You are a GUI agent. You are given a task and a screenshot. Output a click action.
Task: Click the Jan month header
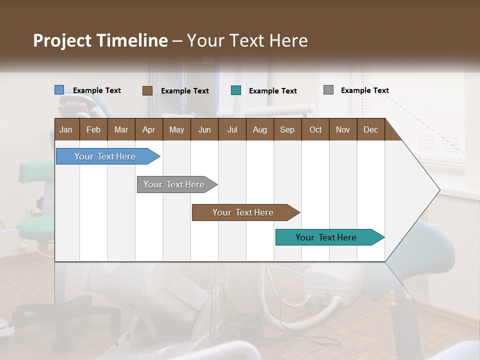click(66, 129)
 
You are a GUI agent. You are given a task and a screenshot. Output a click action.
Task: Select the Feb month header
click(93, 129)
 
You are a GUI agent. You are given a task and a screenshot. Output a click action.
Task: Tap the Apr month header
click(148, 129)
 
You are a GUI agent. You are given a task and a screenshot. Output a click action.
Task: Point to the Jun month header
click(204, 129)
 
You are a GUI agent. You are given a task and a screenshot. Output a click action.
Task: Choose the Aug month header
click(259, 129)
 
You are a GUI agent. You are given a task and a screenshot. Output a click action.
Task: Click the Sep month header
click(287, 129)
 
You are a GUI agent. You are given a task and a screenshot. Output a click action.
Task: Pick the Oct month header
click(315, 129)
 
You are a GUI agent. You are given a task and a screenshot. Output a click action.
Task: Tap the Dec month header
click(370, 129)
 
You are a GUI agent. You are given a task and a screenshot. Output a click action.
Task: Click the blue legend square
click(59, 90)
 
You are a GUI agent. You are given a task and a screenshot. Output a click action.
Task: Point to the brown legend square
click(147, 90)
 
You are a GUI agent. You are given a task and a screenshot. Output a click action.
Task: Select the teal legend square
click(236, 90)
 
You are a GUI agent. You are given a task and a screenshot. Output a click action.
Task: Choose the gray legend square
click(328, 90)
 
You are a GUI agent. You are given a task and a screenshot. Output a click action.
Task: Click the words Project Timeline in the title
click(100, 40)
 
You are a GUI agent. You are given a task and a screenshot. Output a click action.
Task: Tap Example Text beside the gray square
click(364, 90)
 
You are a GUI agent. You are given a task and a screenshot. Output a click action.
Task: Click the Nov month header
click(342, 129)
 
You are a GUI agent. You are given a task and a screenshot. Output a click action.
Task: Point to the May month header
click(176, 129)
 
